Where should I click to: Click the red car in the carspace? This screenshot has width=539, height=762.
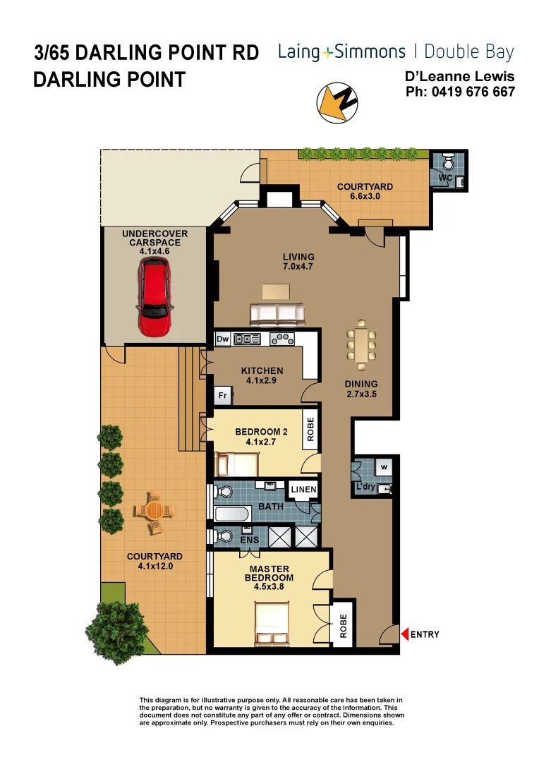coord(155,296)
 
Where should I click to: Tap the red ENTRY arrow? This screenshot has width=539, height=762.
coord(405,634)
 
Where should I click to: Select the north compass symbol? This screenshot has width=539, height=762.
coord(337,100)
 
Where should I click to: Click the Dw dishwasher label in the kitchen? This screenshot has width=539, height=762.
coord(223,339)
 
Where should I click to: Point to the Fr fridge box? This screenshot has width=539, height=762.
coord(222,396)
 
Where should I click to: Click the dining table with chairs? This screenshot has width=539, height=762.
coord(362,345)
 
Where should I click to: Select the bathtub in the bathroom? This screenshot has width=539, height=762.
coord(231,513)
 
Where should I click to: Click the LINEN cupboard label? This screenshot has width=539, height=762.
coord(304,490)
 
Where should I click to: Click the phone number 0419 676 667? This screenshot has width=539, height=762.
coord(460,92)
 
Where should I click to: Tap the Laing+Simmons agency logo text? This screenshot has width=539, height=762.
coord(341,52)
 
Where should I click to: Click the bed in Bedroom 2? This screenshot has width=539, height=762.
coord(238,464)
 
